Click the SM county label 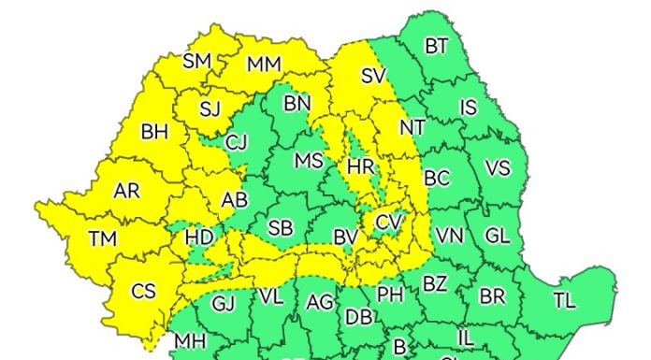tap(196, 62)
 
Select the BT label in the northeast tap(436, 46)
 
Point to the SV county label tap(373, 77)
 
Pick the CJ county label tap(238, 142)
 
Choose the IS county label tap(469, 108)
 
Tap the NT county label tap(412, 126)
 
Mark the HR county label tap(361, 167)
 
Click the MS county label tap(309, 161)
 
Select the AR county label tap(126, 192)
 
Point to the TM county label tap(103, 239)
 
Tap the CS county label tap(143, 292)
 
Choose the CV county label tap(388, 223)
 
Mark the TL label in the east tap(564, 300)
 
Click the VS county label tap(498, 169)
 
